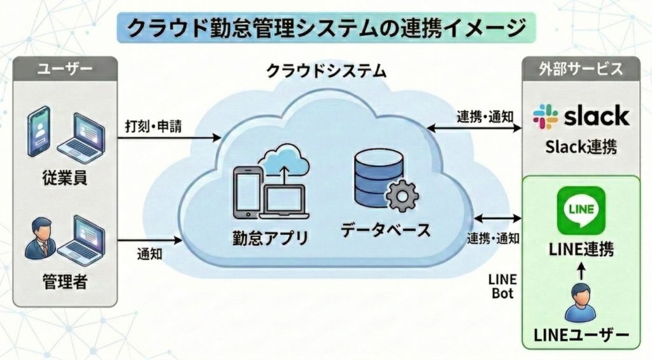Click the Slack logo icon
point(544,117)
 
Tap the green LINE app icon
point(580,210)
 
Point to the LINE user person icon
point(580,304)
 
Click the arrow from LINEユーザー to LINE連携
point(580,271)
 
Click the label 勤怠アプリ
point(271,238)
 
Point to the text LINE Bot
point(503,287)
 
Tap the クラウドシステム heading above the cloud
point(326,70)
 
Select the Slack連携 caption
point(580,147)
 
